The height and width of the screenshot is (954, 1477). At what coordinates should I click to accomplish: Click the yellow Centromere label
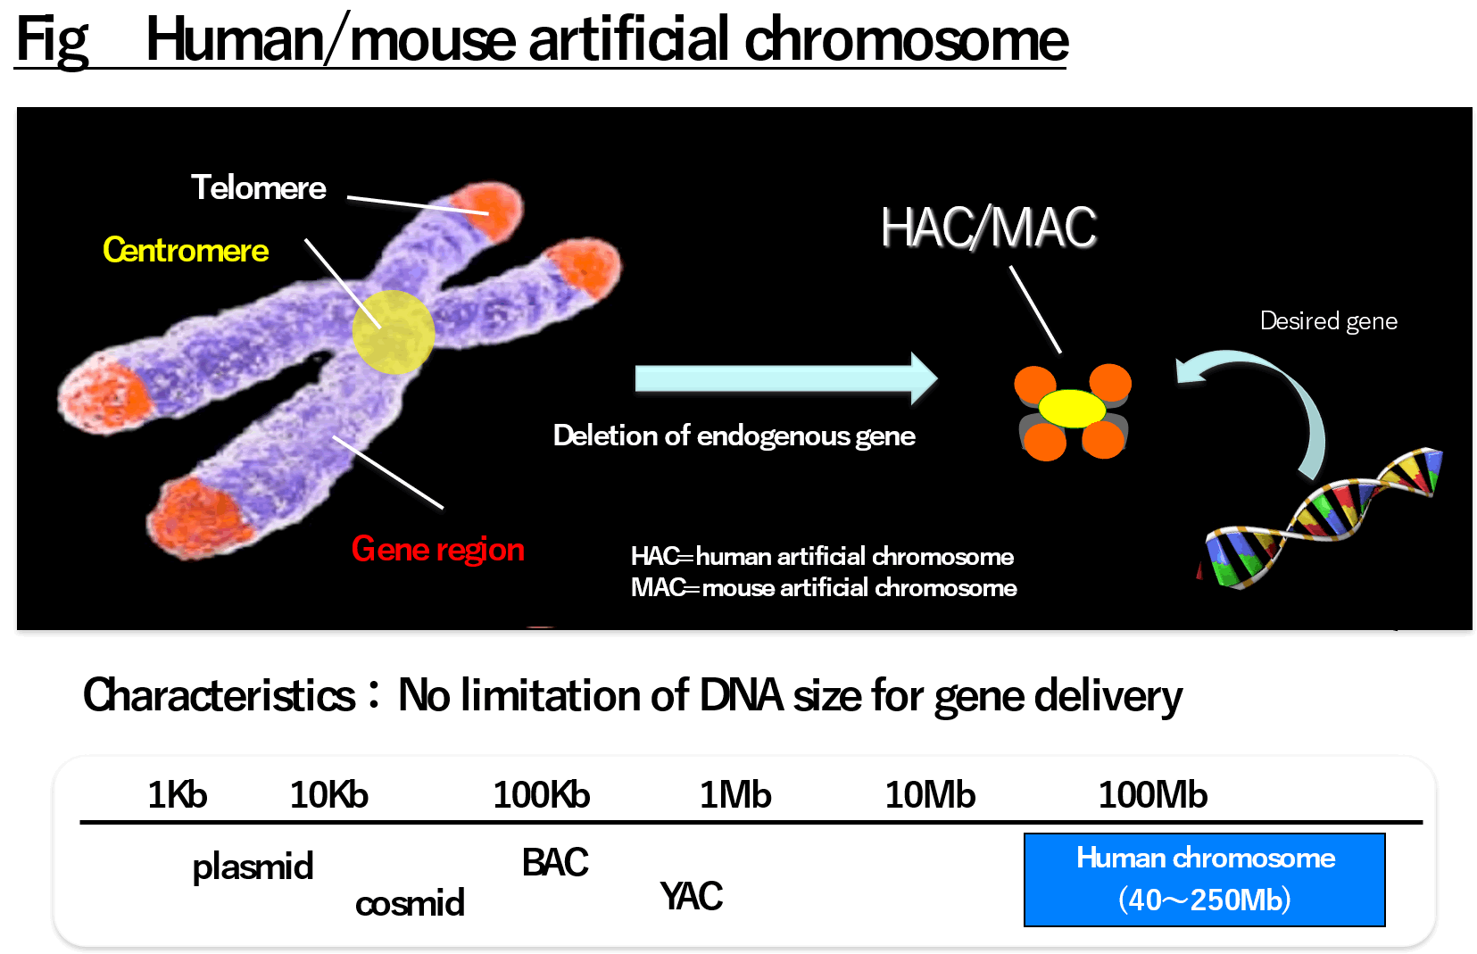tap(186, 251)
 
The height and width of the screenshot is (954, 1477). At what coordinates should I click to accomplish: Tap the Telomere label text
tap(259, 187)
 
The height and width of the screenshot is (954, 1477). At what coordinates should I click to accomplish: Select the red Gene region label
tap(438, 549)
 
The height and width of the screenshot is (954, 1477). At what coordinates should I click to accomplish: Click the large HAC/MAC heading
tap(989, 228)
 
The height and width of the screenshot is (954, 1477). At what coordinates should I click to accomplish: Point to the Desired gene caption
tap(1329, 321)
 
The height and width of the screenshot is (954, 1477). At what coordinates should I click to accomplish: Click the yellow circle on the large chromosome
tap(394, 332)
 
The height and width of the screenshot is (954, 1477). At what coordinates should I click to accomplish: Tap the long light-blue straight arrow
tap(786, 378)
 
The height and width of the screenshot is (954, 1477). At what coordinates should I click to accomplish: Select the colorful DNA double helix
tap(1321, 518)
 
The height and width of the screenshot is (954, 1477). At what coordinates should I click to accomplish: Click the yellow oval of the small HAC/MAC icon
tap(1072, 409)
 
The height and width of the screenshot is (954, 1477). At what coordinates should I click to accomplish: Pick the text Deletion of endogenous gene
tap(734, 436)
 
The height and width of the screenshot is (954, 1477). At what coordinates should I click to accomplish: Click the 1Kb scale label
tap(178, 794)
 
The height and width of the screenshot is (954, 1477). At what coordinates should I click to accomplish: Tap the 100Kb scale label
tap(542, 794)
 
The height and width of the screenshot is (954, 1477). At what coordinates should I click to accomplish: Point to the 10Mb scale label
tap(930, 794)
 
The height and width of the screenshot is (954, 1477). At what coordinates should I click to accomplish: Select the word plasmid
tap(253, 867)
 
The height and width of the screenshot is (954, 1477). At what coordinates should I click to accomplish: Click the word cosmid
tap(410, 902)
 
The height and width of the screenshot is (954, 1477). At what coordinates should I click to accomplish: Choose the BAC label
tap(554, 862)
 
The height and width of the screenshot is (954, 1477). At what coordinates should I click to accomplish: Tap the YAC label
tap(691, 897)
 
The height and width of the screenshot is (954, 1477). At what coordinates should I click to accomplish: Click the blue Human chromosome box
tap(1205, 880)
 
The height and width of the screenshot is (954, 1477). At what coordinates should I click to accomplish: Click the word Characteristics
tap(219, 696)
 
